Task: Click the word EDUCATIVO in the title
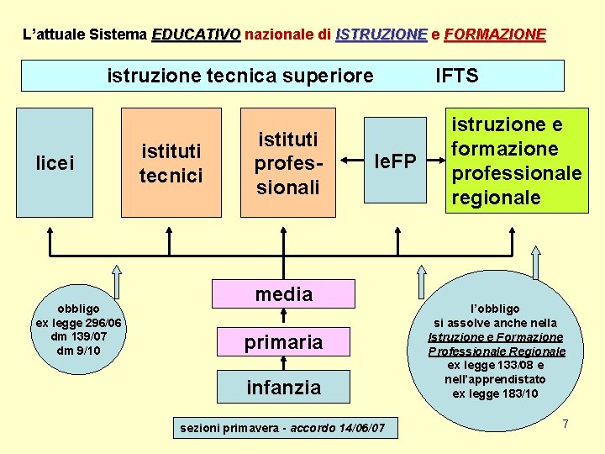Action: pyautogui.click(x=196, y=34)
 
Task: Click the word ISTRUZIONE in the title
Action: pyautogui.click(x=381, y=34)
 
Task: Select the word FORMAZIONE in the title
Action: pyautogui.click(x=494, y=34)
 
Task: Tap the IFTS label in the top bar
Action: pyautogui.click(x=457, y=76)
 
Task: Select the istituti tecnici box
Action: pyautogui.click(x=170, y=162)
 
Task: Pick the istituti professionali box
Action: pyautogui.click(x=287, y=162)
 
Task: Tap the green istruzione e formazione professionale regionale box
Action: pyautogui.click(x=516, y=161)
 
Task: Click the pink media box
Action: pyautogui.click(x=284, y=294)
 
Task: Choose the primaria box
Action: pyautogui.click(x=284, y=342)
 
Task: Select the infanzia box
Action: pyautogui.click(x=284, y=388)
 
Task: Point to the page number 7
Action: pyautogui.click(x=566, y=423)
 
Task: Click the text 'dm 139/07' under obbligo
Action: pyautogui.click(x=80, y=336)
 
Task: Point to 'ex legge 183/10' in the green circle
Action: pyautogui.click(x=495, y=393)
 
